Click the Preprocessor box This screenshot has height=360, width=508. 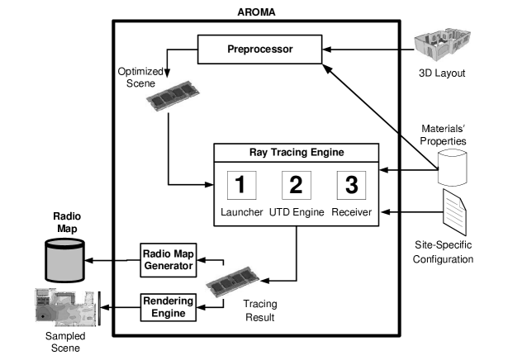(x=260, y=50)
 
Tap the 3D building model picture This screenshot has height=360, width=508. (x=442, y=45)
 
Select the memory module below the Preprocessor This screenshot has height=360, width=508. (x=173, y=96)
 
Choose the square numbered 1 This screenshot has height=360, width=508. (x=240, y=185)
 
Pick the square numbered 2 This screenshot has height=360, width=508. (x=296, y=185)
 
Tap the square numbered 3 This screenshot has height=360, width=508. (x=351, y=185)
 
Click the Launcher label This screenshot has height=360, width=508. (x=241, y=212)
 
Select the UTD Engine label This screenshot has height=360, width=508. (x=297, y=212)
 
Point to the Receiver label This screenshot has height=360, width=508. (x=352, y=212)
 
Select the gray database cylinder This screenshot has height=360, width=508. (x=66, y=261)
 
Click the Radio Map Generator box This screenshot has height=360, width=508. (x=168, y=259)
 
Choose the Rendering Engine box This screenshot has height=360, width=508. (x=168, y=307)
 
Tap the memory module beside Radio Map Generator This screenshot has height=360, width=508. (x=232, y=282)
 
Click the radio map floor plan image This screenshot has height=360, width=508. (x=65, y=307)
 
